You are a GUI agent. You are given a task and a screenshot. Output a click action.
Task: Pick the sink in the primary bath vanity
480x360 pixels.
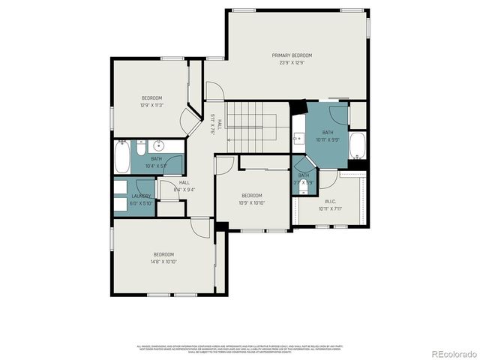pos(298,138)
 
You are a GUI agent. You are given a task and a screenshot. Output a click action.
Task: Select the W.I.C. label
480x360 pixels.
pos(329,201)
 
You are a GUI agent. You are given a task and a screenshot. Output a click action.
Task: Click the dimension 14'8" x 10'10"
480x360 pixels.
pos(164,262)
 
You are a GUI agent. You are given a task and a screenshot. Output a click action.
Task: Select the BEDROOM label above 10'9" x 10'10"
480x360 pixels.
pos(251,196)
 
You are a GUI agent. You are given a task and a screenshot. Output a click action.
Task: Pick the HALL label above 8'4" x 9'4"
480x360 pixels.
pos(184,182)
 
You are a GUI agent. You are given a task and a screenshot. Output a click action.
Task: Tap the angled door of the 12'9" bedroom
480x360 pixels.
pos(190,119)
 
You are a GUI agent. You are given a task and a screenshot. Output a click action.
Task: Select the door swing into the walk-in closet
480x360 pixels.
pos(328,178)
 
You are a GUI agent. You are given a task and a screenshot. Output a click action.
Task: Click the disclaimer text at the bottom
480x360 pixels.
pos(239,349)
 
